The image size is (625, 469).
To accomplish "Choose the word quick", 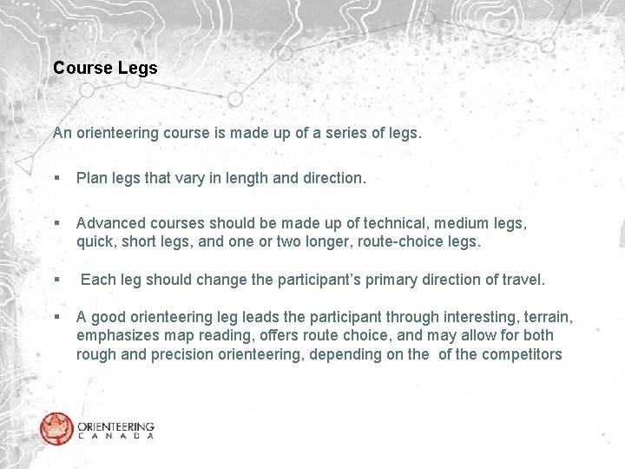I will coord(95,242).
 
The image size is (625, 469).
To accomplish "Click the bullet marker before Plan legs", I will coord(56,179).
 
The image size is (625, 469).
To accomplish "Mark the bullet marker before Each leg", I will coord(56,281).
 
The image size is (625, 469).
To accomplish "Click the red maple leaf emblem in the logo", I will coord(56,428).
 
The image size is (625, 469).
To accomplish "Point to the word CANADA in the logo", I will coord(115,436).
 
